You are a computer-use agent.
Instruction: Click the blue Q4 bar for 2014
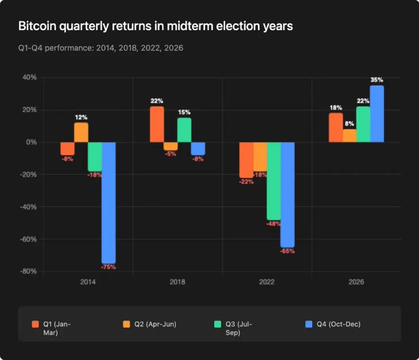click(108, 203)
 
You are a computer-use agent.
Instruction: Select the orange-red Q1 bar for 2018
click(157, 124)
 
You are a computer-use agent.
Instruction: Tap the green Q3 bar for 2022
click(273, 181)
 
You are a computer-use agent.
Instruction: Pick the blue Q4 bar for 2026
click(377, 114)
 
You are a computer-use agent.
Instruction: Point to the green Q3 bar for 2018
click(184, 130)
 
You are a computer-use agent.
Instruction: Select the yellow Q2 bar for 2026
click(350, 136)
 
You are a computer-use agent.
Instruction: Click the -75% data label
click(108, 267)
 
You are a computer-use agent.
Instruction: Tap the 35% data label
click(377, 80)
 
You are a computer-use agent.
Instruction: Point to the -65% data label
click(287, 251)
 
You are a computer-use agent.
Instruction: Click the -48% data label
click(273, 224)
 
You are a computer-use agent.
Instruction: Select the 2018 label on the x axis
click(178, 282)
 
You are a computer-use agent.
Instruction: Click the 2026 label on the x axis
click(356, 282)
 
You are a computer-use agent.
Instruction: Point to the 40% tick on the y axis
click(29, 78)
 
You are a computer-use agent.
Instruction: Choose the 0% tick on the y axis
click(31, 142)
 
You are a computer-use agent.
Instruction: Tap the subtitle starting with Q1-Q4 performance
click(101, 48)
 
